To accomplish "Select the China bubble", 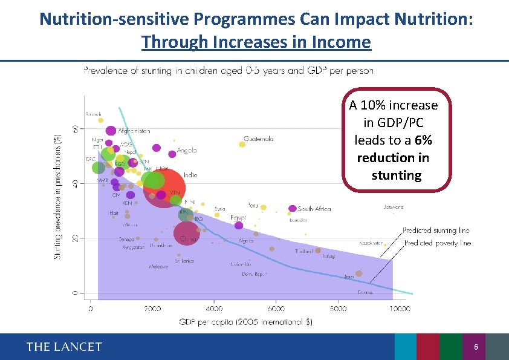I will (x=186, y=234).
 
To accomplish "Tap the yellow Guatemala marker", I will (x=242, y=144).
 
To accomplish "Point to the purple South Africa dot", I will (x=293, y=209).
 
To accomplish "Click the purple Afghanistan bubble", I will (x=111, y=131).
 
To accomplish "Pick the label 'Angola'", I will (x=187, y=151).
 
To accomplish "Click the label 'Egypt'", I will (x=238, y=218).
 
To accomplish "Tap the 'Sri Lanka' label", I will (x=184, y=261).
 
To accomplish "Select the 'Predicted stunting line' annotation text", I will (x=436, y=231).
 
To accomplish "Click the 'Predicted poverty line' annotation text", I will (x=437, y=243).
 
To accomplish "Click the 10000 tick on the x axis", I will (x=400, y=309).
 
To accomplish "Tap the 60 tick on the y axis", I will (x=75, y=129).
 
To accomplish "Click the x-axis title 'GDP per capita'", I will (x=245, y=322).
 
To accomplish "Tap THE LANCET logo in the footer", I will (x=64, y=347).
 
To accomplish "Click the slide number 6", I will (x=476, y=347).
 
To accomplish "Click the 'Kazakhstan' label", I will (x=371, y=243).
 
